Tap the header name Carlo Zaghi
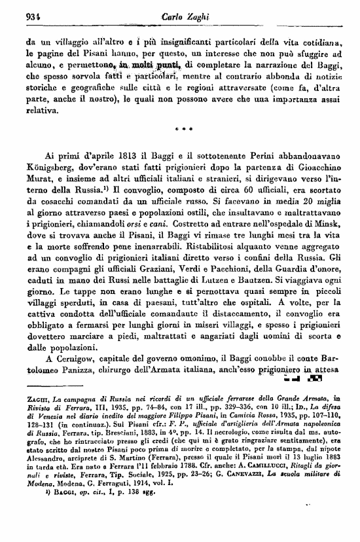pyautogui.click(x=182, y=18)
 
